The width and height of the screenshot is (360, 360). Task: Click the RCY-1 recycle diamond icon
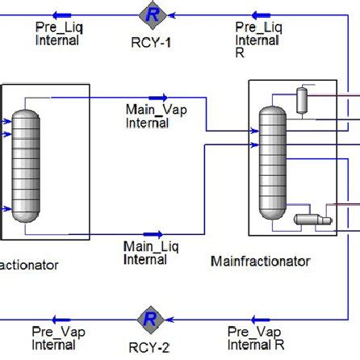pos(150,14)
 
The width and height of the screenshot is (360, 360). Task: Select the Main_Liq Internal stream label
pos(145,252)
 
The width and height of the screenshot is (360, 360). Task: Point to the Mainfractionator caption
pos(260,261)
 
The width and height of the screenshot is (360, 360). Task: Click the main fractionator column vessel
pos(273,161)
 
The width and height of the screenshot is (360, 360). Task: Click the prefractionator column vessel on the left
pos(27,161)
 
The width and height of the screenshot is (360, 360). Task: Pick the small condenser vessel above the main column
pos(303,99)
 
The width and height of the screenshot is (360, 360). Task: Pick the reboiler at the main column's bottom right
pos(308,219)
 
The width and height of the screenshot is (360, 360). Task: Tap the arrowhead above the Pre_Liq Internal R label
pos(262,14)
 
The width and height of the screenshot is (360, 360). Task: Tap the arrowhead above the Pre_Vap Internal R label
pos(261,319)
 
